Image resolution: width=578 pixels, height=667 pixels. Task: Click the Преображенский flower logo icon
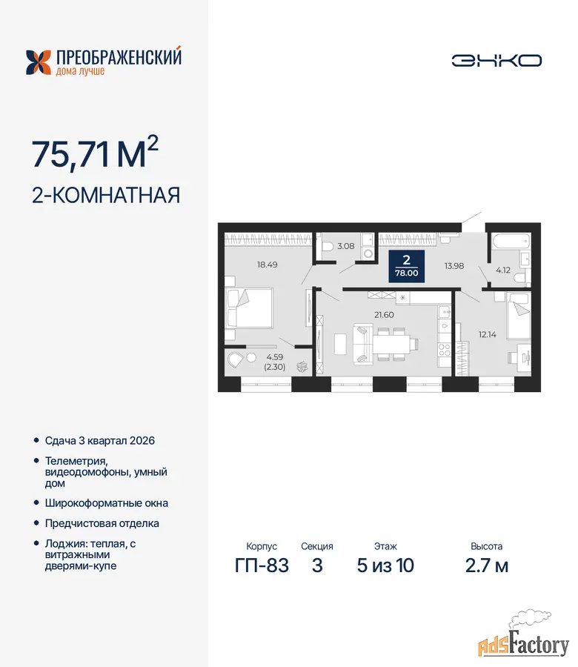39,62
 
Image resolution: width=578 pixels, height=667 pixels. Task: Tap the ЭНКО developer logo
496,61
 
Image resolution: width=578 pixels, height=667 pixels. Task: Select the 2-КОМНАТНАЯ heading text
106,195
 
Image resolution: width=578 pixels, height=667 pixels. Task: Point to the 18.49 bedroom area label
267,265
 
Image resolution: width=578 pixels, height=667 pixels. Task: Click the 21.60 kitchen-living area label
384,315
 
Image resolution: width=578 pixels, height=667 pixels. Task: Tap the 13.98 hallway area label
454,266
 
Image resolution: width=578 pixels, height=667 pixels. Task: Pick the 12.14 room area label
488,334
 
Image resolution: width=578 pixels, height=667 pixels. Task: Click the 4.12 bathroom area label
503,270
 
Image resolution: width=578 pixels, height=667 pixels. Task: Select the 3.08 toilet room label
346,246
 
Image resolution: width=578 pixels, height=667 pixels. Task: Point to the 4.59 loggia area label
275,357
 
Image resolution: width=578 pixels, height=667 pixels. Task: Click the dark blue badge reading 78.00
407,266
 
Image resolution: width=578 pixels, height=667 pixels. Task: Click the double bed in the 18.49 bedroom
249,308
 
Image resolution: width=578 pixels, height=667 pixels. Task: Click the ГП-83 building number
262,565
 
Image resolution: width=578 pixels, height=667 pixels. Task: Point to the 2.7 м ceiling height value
487,565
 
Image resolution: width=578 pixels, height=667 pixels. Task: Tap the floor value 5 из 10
385,565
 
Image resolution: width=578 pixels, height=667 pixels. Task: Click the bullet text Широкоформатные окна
106,503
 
